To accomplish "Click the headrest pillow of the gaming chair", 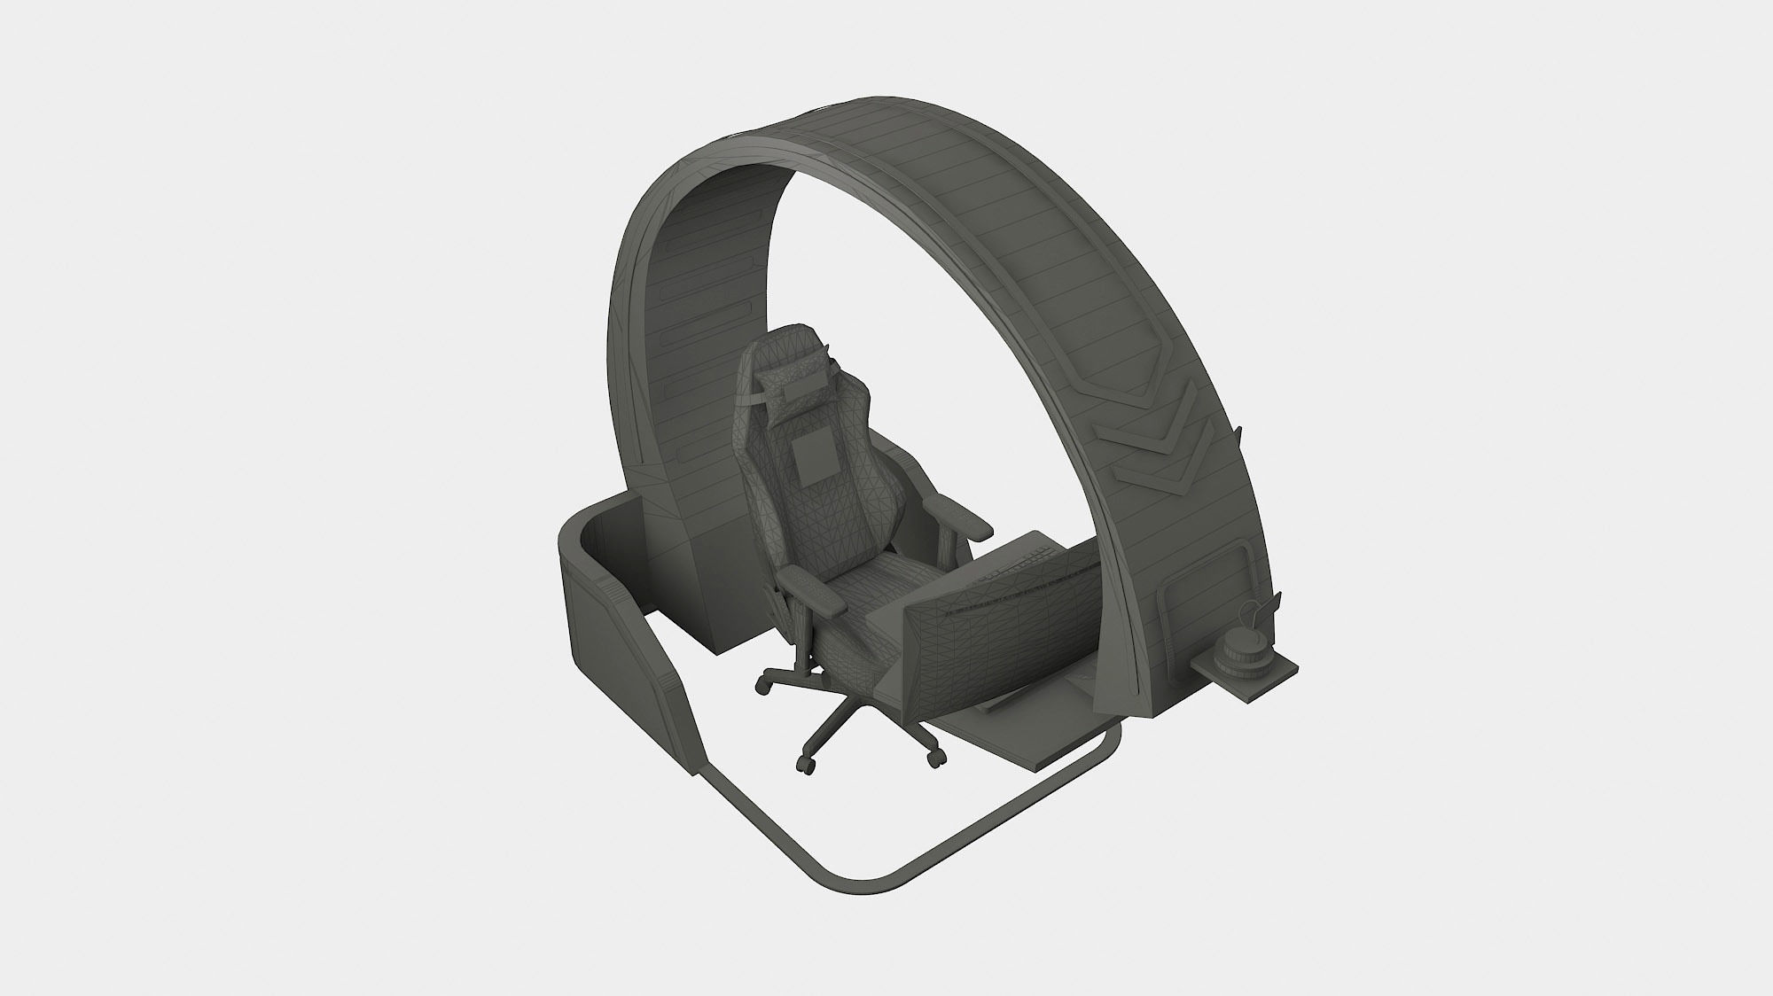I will tap(789, 383).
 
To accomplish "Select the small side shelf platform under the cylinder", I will tap(1259, 678).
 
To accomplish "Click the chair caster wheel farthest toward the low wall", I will tap(761, 686).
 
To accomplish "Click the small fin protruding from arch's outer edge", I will tap(1239, 436).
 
